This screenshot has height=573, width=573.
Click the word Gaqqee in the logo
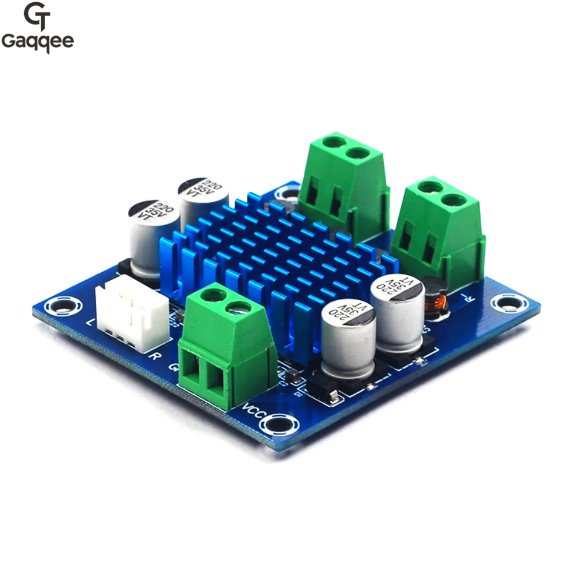(x=37, y=42)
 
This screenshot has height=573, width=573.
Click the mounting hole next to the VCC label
(x=278, y=425)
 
